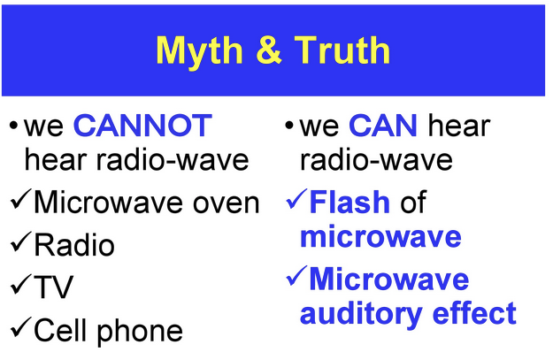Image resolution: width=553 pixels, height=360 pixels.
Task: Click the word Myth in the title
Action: click(x=199, y=52)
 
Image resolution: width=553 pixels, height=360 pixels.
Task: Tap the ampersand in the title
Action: click(x=269, y=50)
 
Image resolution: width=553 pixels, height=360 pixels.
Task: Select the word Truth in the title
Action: click(x=342, y=50)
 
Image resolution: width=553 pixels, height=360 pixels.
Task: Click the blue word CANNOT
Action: click(x=142, y=126)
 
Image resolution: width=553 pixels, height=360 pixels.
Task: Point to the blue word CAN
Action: click(x=383, y=126)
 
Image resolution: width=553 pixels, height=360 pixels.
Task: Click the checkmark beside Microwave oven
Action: click(x=21, y=199)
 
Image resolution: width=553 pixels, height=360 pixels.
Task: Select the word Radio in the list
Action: click(x=74, y=244)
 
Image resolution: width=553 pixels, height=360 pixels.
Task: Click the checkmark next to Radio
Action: click(x=21, y=241)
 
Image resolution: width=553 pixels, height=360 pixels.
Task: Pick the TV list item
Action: click(x=53, y=287)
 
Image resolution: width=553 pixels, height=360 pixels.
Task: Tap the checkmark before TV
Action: click(x=21, y=284)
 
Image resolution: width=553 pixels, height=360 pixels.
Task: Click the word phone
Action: click(x=140, y=332)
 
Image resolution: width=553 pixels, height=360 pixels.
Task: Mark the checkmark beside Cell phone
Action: click(x=21, y=327)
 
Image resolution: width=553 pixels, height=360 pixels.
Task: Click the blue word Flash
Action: click(x=349, y=202)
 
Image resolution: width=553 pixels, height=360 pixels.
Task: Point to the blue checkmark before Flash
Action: click(x=296, y=199)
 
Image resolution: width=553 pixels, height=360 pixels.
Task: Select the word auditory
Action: click(x=361, y=314)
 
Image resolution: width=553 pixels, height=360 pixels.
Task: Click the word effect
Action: click(x=474, y=312)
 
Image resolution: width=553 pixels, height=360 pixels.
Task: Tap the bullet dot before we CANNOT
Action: click(x=13, y=126)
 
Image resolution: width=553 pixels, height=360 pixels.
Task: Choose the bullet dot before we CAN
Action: click(x=288, y=126)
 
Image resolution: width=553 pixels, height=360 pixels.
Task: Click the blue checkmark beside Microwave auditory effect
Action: click(x=296, y=276)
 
